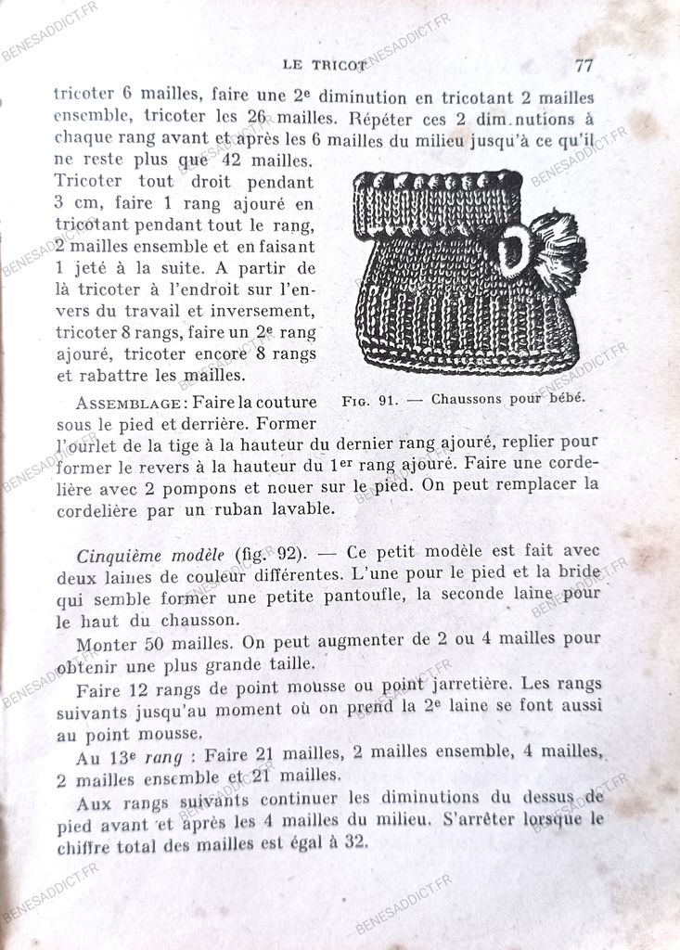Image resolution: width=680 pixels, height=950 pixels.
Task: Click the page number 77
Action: (584, 65)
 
